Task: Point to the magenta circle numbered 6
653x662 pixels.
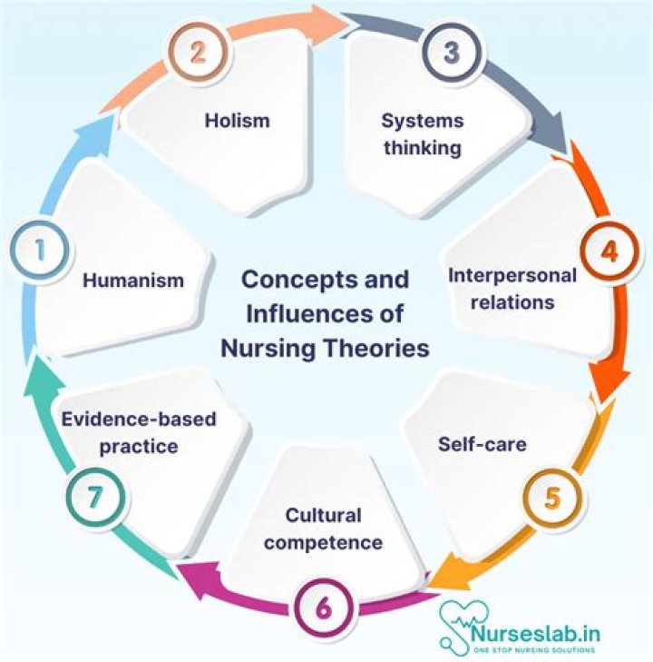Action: point(323,608)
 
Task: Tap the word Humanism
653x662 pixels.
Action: point(132,281)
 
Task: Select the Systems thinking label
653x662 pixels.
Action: point(423,134)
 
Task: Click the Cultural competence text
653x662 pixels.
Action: point(323,529)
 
